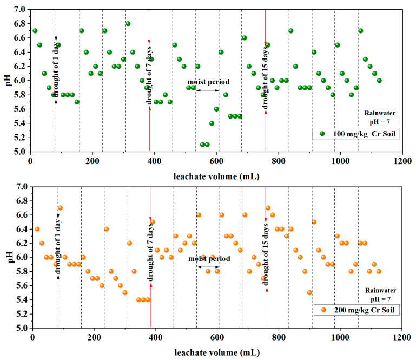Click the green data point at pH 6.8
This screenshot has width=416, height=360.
(x=128, y=24)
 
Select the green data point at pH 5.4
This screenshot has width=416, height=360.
(x=212, y=123)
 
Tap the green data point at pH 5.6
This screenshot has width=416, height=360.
(x=216, y=109)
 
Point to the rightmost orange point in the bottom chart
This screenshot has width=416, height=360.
(x=379, y=271)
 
